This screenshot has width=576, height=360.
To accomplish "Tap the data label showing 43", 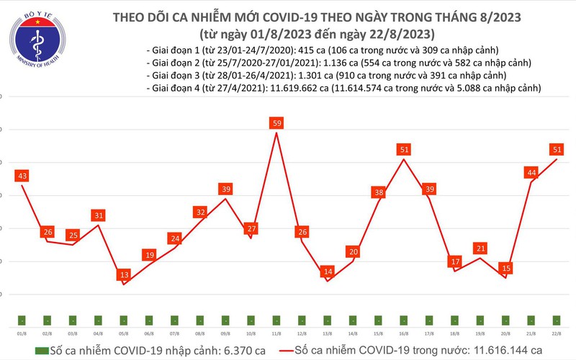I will pos(22,176).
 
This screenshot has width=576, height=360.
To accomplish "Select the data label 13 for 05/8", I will pos(124,275).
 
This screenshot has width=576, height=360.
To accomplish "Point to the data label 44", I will pos(531,173).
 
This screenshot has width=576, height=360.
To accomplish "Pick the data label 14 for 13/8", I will pos(328,272).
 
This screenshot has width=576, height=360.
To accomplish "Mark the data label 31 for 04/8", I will pos(99,215).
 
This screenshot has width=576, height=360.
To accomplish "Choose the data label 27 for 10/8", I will pos(251,229).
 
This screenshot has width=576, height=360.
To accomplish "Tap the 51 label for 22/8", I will pos(557,150).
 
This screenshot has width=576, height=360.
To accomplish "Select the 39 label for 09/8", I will pos(226,189).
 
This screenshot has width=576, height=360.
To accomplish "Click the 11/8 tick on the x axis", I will pos(276,334).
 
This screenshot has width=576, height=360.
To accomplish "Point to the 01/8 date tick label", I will pos(22,334).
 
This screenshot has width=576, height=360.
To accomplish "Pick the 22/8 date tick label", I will pos(557,334).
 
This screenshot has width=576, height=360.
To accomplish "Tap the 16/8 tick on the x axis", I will pos(404,334).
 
